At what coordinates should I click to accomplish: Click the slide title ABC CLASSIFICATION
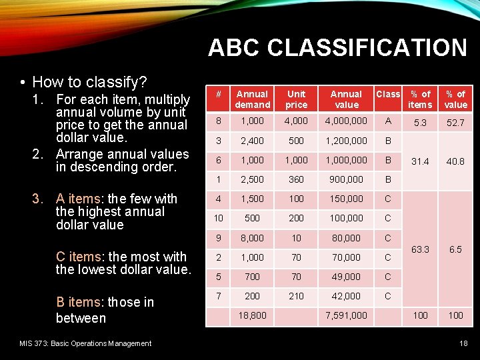point(337,48)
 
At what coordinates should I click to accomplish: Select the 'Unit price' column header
point(296,99)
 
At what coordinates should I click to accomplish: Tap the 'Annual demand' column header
point(253,99)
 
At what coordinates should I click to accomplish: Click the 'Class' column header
point(388,94)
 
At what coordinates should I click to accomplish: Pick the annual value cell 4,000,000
point(346,121)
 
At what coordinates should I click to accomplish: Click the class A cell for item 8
point(388,121)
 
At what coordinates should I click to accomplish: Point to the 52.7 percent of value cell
point(455,123)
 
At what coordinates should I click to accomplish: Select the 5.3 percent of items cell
point(420,123)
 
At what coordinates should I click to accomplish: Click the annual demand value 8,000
point(253,238)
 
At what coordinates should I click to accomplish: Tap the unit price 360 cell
point(296,179)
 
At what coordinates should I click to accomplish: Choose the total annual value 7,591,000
point(346,315)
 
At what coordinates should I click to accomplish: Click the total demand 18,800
point(253,315)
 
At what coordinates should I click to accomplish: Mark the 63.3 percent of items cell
point(420,249)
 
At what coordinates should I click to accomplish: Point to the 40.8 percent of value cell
point(455,161)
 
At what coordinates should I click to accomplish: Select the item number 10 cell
point(218,218)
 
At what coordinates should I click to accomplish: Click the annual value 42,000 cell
point(346,296)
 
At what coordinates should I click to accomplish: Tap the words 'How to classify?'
point(89,82)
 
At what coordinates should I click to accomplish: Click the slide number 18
point(463,343)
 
